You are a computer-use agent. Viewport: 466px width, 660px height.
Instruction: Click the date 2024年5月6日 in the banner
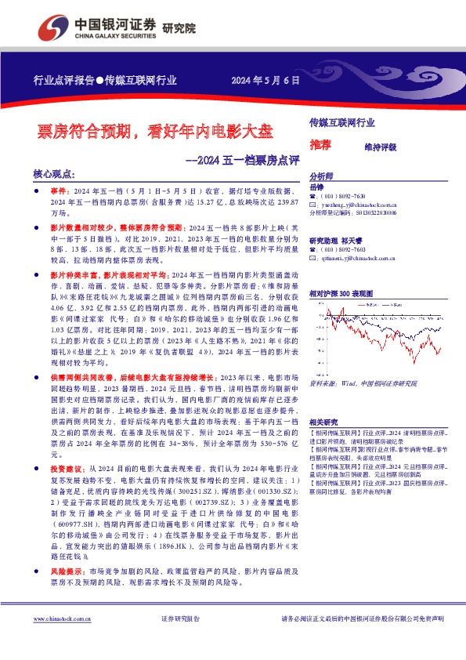pyautogui.click(x=266, y=80)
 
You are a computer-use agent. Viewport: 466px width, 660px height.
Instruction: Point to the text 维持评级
pyautogui.click(x=380, y=147)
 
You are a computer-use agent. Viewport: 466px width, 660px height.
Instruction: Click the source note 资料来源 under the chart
pyautogui.click(x=363, y=385)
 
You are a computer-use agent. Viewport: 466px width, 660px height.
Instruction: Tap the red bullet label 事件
pyautogui.click(x=59, y=191)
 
